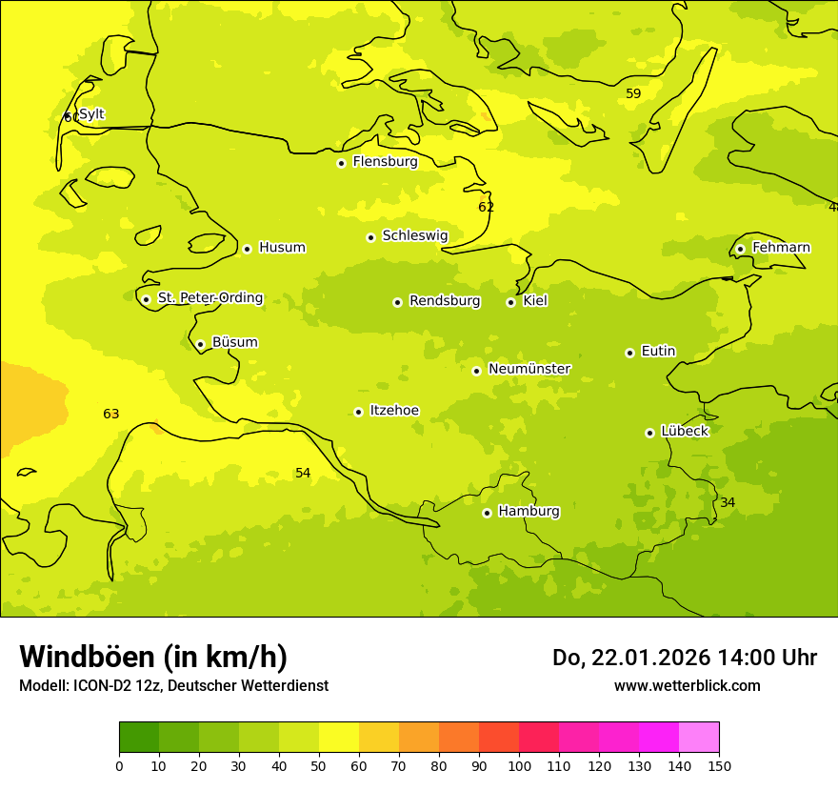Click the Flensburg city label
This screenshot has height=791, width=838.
click(x=385, y=162)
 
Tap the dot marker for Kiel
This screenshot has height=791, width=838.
click(x=510, y=302)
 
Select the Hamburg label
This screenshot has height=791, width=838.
click(x=529, y=512)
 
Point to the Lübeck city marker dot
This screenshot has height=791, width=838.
click(x=649, y=433)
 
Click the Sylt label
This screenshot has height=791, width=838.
click(x=91, y=114)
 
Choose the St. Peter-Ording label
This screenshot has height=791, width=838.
click(x=210, y=298)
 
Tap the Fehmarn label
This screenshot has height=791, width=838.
click(x=781, y=248)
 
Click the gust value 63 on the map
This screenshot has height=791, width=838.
click(x=111, y=415)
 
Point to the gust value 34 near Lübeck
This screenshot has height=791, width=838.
click(x=728, y=503)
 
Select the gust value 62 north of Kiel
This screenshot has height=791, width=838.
click(x=486, y=208)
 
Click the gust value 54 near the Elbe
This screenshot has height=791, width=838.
click(x=303, y=474)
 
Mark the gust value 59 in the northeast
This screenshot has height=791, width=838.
click(x=633, y=94)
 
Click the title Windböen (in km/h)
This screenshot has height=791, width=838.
click(x=153, y=658)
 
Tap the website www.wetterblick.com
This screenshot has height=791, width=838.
click(x=687, y=686)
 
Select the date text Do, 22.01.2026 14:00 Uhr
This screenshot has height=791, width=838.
click(x=684, y=658)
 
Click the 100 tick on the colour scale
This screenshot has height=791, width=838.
click(x=519, y=765)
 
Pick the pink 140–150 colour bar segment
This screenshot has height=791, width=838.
click(x=699, y=738)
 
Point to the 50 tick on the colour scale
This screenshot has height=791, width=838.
click(x=319, y=765)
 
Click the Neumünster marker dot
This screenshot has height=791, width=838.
click(x=476, y=371)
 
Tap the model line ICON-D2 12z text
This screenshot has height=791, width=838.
click(x=173, y=686)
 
